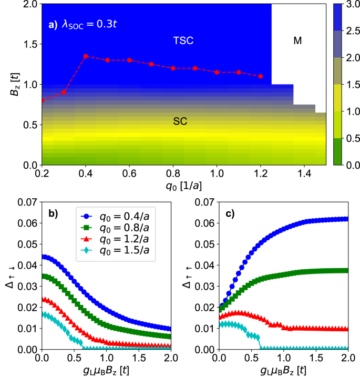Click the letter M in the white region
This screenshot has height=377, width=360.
(x=297, y=40)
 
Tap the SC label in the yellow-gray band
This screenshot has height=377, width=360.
(x=180, y=121)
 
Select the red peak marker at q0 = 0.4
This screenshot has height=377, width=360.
(x=86, y=56)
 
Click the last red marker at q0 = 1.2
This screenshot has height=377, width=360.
(x=261, y=76)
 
